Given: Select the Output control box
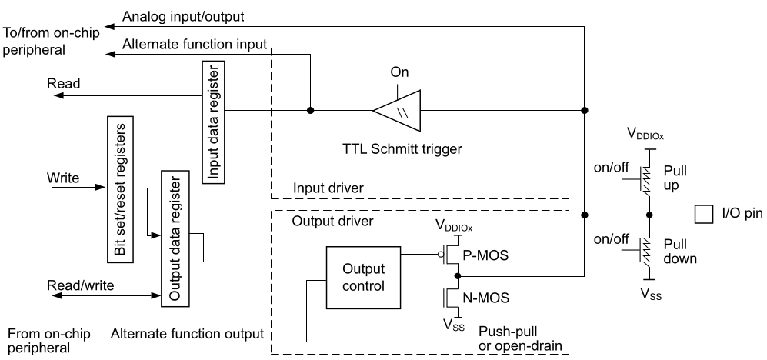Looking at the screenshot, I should coord(363,279).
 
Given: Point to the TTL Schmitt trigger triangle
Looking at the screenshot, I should coord(397,111).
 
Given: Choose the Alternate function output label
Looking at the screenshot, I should coord(187,334).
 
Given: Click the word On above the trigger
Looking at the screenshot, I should coord(400,72).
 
